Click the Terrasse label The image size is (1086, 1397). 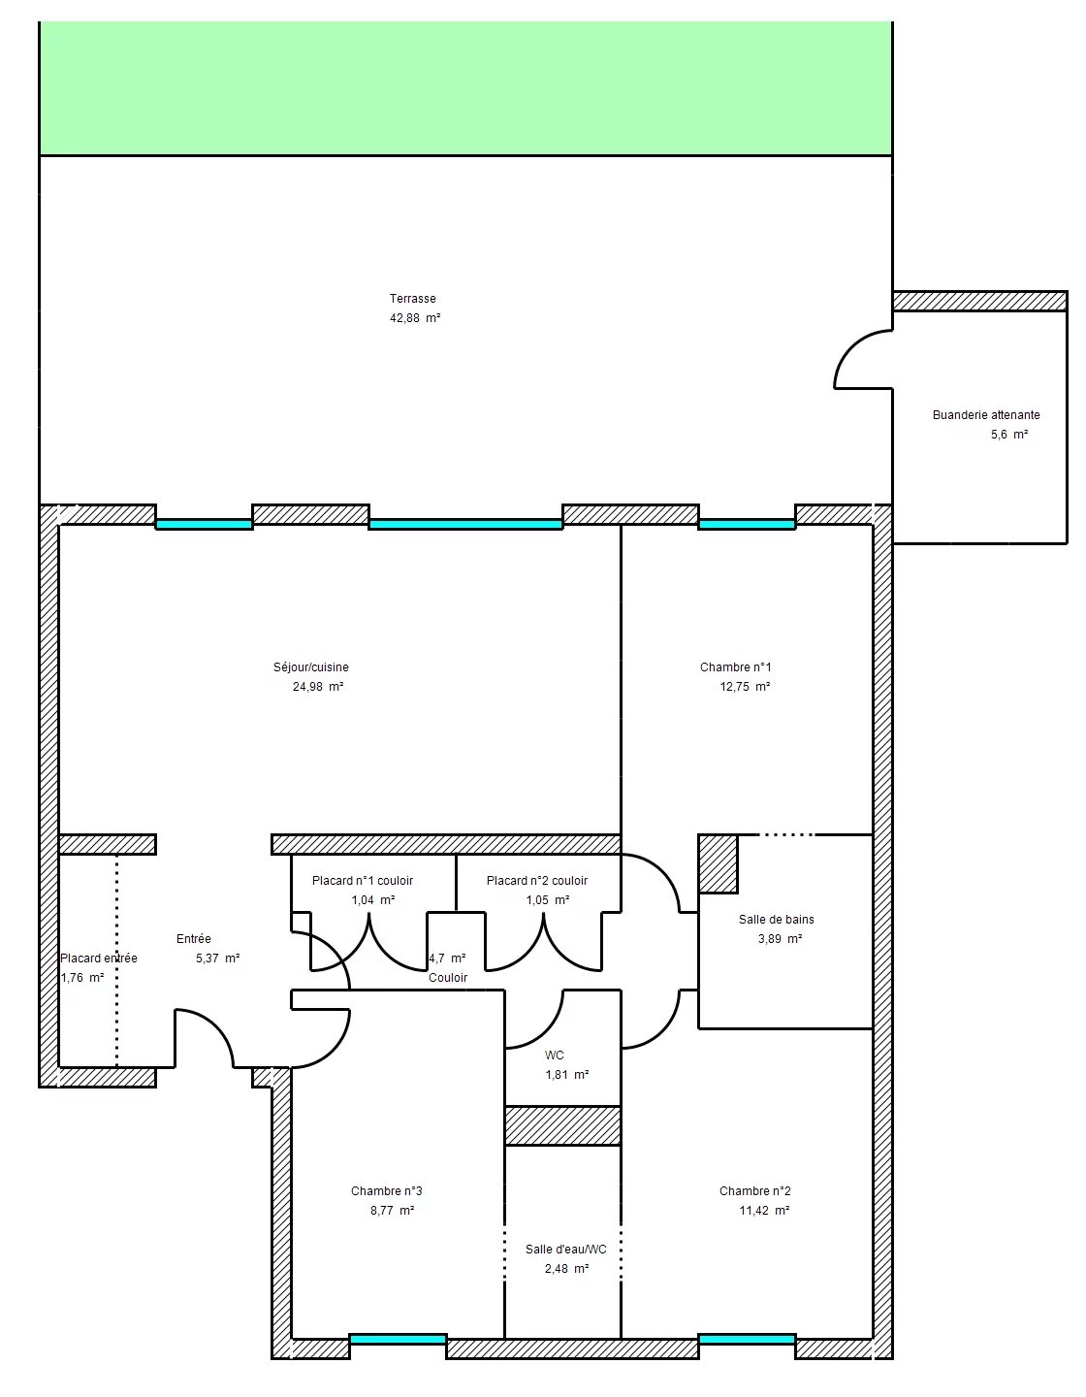pos(412,298)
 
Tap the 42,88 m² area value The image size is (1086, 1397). pos(414,317)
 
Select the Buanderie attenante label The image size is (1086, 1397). pos(986,414)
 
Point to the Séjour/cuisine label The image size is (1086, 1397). pos(311,666)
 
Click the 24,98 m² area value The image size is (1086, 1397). pos(318,686)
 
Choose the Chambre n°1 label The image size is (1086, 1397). pos(735,666)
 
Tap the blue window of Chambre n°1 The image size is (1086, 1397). pos(747,525)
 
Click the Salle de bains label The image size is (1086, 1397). pos(777,919)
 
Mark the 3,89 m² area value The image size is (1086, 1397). pos(780,938)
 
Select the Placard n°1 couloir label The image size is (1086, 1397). pos(363,880)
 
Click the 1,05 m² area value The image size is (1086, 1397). pos(548,899)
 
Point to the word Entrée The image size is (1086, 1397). pos(193,939)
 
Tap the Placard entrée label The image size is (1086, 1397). pos(98,958)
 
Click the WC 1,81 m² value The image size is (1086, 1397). pos(567,1074)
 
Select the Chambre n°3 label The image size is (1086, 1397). pos(386,1190)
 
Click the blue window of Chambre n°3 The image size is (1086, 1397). pos(398,1339)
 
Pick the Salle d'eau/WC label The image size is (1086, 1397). pos(565,1250)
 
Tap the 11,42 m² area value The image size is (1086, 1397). pos(764,1210)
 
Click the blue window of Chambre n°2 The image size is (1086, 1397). pos(747,1339)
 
